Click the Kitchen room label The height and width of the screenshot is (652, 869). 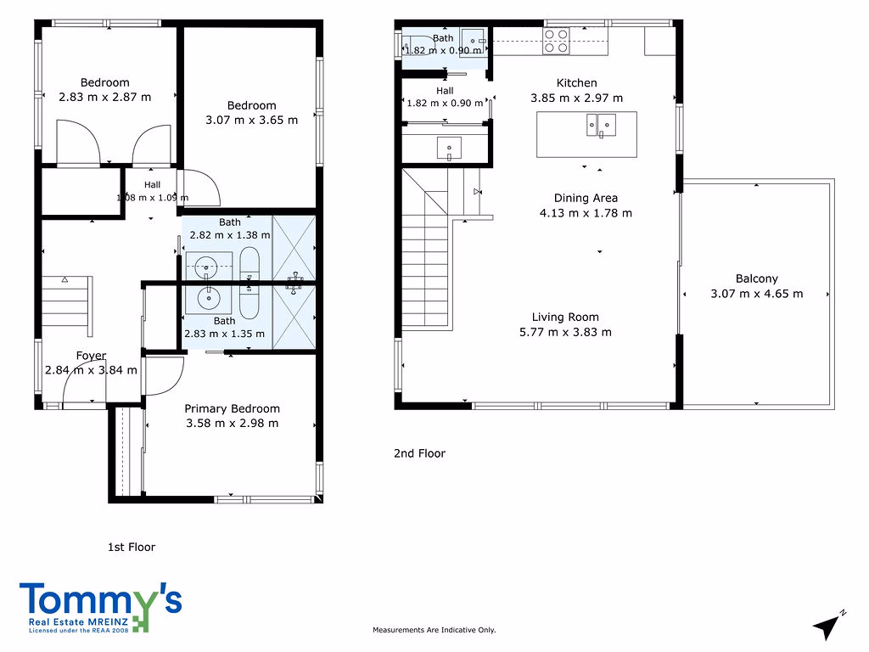tap(576, 83)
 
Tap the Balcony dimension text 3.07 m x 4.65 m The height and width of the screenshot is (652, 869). tap(756, 294)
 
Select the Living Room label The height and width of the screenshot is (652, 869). tap(565, 318)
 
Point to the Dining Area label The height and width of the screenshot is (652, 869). tap(586, 198)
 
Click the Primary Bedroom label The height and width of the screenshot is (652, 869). tap(232, 408)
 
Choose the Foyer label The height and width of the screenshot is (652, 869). tap(91, 356)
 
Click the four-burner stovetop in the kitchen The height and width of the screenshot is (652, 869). tap(556, 42)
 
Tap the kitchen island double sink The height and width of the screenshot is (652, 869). tap(602, 126)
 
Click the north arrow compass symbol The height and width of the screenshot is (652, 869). tap(828, 627)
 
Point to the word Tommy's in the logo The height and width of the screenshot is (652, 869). tap(101, 599)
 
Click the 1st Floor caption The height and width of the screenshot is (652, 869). tap(132, 548)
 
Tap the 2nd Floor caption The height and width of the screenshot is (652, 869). tap(419, 453)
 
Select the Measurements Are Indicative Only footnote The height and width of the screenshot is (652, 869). tap(434, 630)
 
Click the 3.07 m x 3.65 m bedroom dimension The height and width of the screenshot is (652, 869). tap(251, 120)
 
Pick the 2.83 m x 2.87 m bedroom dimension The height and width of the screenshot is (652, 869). tap(104, 97)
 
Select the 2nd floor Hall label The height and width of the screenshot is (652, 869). tap(445, 91)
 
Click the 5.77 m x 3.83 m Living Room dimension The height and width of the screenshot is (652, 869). tap(565, 332)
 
